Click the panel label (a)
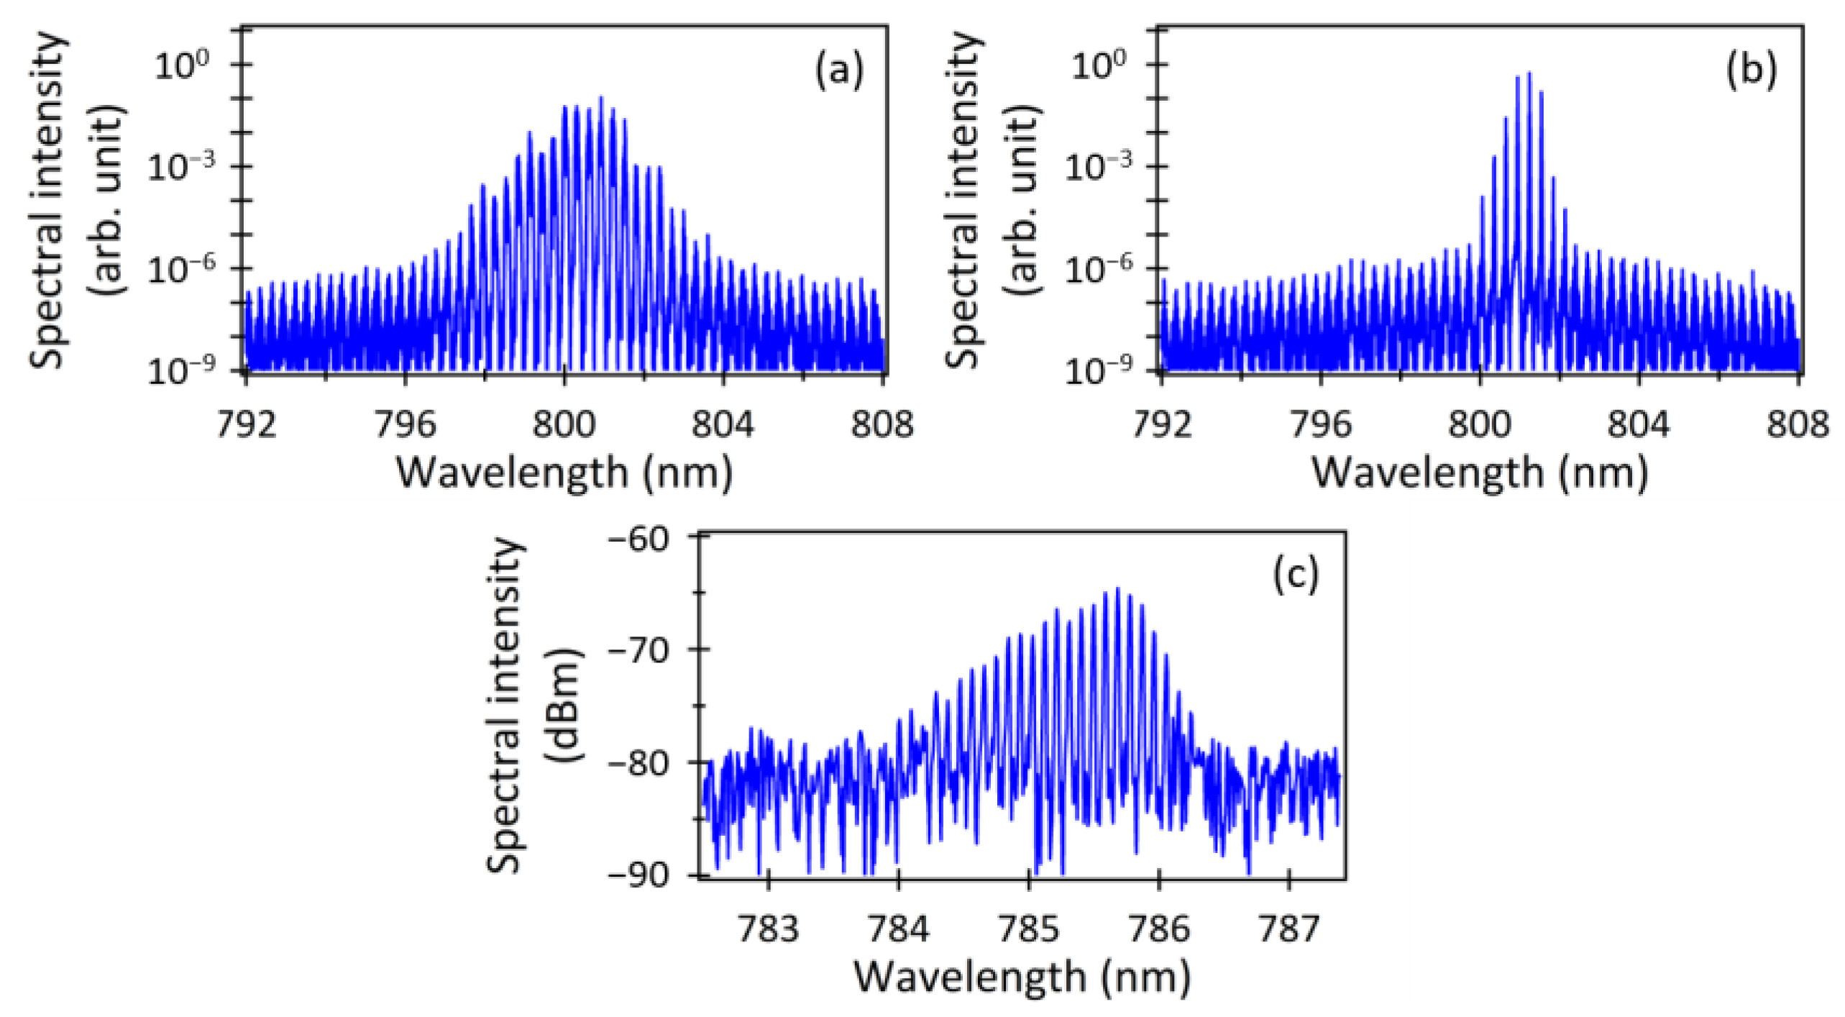(838, 72)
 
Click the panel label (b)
(1752, 72)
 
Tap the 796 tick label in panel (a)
(406, 424)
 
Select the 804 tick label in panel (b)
(1639, 424)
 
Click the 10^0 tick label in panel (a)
(181, 67)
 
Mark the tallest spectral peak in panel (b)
(1529, 73)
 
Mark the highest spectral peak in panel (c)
(1117, 589)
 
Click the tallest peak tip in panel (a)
(600, 97)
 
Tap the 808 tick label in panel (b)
(1797, 424)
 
